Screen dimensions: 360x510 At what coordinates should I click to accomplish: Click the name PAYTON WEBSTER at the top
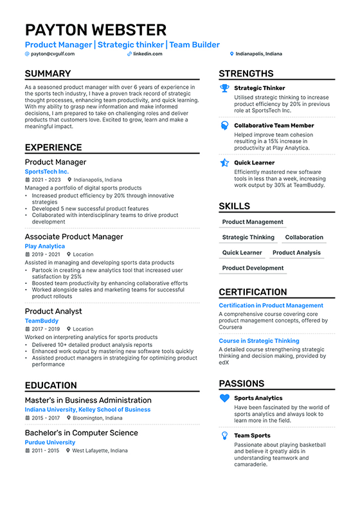click(96, 30)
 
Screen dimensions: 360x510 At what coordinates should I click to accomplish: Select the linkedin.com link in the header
click(147, 54)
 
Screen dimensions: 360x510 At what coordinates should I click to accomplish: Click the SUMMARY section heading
click(48, 74)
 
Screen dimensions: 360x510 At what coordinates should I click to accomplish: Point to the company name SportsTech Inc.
click(47, 171)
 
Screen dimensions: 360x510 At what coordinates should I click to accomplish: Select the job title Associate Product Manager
click(74, 237)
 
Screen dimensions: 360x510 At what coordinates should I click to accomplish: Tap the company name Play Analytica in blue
click(45, 246)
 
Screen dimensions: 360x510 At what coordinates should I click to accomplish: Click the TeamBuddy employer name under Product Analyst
click(42, 321)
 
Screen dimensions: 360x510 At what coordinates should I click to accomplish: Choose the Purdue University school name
click(50, 442)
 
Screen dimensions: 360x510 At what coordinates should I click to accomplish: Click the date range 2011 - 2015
click(46, 451)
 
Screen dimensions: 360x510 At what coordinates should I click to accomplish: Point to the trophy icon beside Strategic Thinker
click(224, 89)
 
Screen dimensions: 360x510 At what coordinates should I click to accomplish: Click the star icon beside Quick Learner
click(224, 163)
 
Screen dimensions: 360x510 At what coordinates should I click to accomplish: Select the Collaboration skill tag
click(304, 237)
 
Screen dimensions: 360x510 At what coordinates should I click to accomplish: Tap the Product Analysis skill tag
click(296, 252)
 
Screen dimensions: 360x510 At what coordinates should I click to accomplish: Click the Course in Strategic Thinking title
click(259, 341)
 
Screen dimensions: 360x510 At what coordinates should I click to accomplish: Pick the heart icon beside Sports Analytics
click(224, 398)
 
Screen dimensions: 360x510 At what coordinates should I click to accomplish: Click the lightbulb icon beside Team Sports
click(224, 435)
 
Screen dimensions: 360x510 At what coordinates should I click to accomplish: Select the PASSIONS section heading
click(242, 383)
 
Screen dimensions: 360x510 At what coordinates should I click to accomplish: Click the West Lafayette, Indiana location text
click(100, 451)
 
